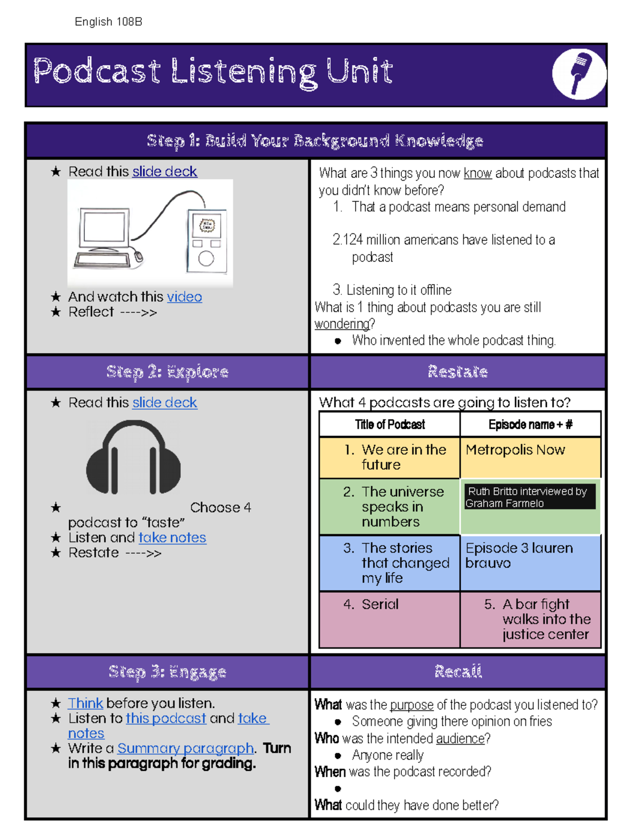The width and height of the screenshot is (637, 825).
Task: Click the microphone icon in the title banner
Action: coord(579,74)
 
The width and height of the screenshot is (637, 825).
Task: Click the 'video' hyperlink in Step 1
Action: coord(184,297)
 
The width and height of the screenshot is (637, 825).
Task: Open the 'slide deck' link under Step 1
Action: coord(165,172)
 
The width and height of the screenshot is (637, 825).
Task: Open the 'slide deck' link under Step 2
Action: coord(165,403)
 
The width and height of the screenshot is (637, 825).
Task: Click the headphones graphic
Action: coord(133,457)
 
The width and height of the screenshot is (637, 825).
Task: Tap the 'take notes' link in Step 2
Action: coord(172,538)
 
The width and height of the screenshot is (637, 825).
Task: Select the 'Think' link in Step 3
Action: coord(85,703)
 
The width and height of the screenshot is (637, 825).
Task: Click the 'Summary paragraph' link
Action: coord(185,749)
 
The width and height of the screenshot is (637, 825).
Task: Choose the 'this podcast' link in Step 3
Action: coord(166,718)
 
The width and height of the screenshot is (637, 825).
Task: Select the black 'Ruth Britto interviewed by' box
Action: coord(529,497)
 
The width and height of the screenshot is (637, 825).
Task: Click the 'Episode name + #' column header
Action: coord(530,424)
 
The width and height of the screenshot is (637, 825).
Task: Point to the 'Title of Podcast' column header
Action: coord(390,424)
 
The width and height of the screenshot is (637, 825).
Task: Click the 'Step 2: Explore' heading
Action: coord(167,372)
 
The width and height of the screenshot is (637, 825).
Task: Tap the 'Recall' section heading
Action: coord(458,671)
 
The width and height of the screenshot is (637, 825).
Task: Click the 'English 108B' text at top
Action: coord(108,22)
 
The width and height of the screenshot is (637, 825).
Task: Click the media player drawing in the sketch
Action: coord(206,240)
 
